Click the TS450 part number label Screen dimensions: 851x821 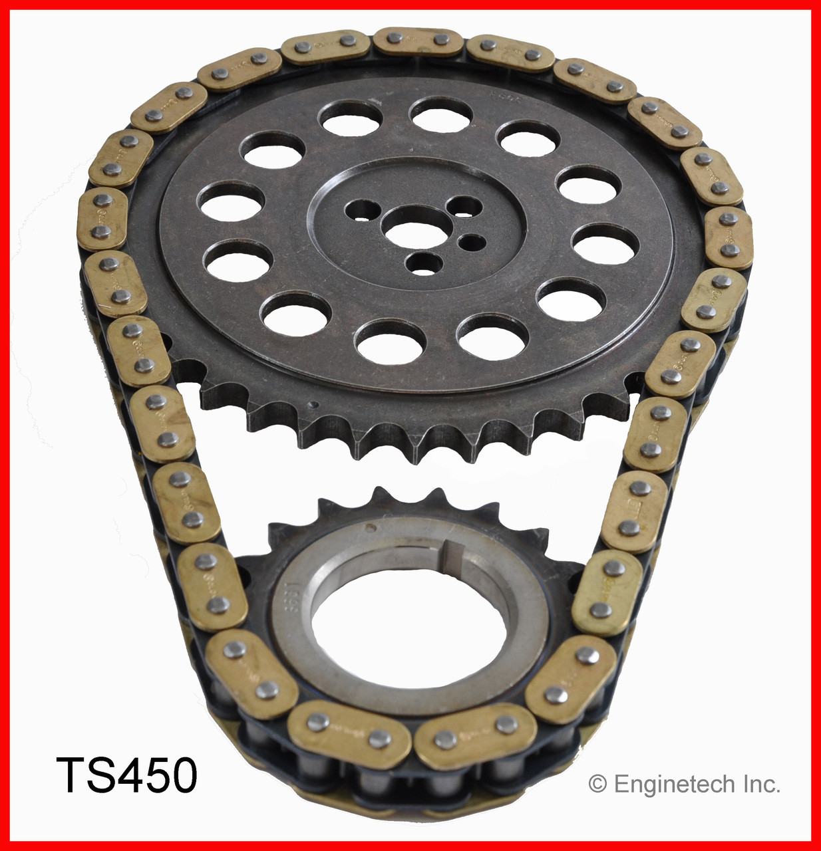[x=126, y=775]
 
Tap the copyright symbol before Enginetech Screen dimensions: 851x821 [x=597, y=785]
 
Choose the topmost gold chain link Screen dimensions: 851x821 [x=418, y=41]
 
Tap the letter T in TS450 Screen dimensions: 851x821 [x=72, y=775]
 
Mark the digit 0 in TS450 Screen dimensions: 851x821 [x=181, y=775]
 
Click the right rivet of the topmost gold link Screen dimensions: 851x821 [x=440, y=40]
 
